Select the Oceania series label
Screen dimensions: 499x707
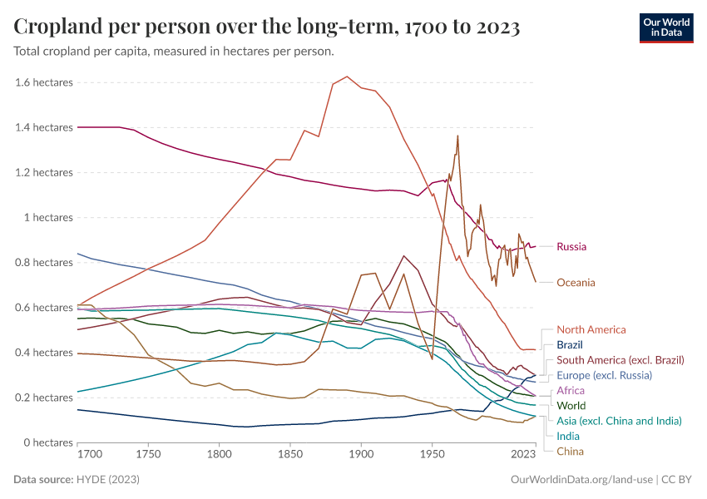[576, 283]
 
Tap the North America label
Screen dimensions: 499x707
[591, 330]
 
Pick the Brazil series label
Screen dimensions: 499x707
[569, 345]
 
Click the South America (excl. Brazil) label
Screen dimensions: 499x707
[620, 360]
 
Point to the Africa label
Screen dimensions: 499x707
[570, 391]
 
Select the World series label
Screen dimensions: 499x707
[571, 406]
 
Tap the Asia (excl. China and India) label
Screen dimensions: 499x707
[619, 421]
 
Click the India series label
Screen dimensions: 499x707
[568, 436]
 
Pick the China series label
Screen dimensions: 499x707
[570, 451]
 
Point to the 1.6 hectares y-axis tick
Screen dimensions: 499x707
[44, 82]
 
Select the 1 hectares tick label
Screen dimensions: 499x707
[49, 218]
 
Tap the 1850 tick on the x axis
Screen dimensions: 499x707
[290, 455]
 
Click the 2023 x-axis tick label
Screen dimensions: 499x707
[523, 455]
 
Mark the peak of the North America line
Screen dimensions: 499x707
[347, 77]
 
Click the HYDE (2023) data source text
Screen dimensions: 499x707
[107, 480]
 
